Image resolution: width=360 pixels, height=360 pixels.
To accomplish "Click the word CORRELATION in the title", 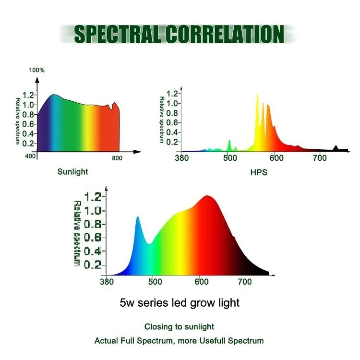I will pos(225,34).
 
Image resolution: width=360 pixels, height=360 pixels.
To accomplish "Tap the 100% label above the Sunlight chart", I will pos(37,70).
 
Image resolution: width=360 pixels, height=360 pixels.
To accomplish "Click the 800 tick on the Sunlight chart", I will pos(117,158).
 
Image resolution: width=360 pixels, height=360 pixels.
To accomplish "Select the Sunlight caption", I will pos(73,171).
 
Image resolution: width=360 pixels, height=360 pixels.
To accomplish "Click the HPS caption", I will pos(259,172).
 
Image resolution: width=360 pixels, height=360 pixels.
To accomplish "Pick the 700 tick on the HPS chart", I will pos(320,158).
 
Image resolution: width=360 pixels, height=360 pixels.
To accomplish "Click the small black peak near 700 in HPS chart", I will pos(336,148).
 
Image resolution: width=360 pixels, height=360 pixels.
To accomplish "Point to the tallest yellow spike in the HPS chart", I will pos(257,96).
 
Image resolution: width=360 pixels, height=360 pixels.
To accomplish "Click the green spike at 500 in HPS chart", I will pos(229,143).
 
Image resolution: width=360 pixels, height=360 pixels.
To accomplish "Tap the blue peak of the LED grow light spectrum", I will pos(138,219).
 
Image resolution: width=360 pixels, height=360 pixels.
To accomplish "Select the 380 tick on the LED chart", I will pos(107,282).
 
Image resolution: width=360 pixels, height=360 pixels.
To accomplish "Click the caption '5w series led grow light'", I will pos(179,303).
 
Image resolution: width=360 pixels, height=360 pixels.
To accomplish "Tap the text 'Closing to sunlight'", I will pos(179,327).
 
